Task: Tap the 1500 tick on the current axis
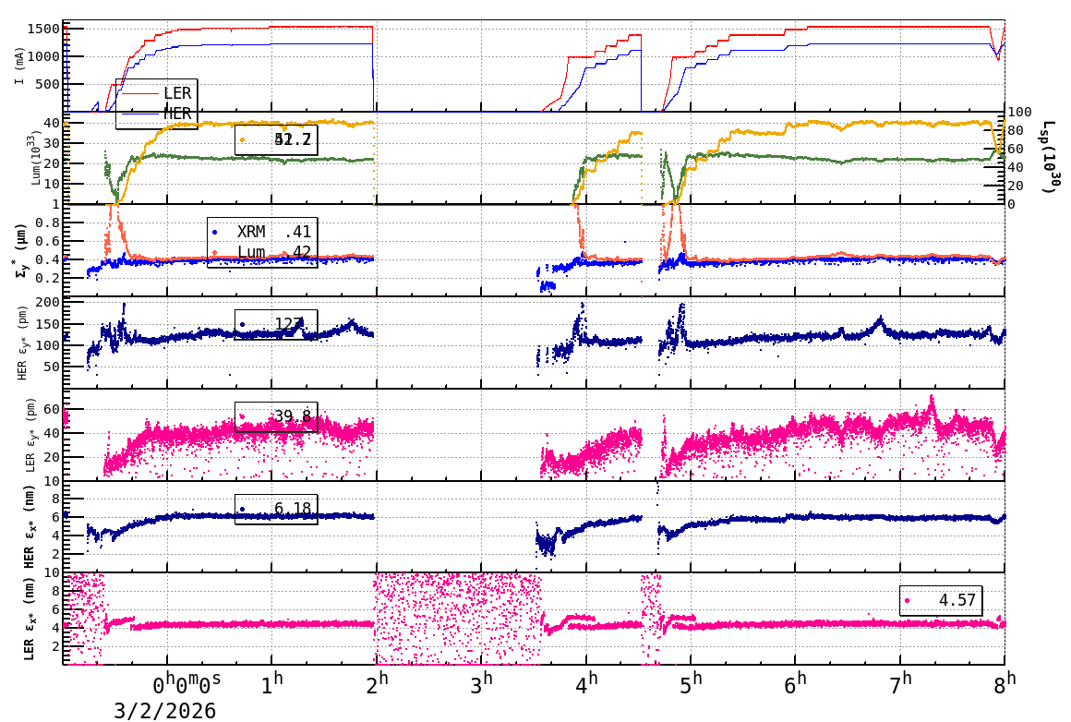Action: click(x=45, y=29)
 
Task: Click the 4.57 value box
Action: click(x=941, y=600)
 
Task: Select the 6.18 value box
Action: click(x=276, y=509)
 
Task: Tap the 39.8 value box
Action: click(x=276, y=416)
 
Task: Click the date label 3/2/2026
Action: click(x=165, y=710)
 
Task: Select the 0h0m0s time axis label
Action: click(x=187, y=683)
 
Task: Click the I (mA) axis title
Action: click(x=19, y=66)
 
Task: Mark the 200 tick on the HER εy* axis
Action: click(x=47, y=303)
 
